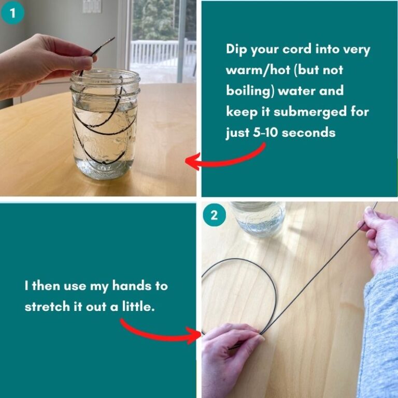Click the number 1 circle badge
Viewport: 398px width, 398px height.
[12, 12]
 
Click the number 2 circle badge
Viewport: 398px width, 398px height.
[214, 214]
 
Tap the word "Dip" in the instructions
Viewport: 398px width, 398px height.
[237, 50]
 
